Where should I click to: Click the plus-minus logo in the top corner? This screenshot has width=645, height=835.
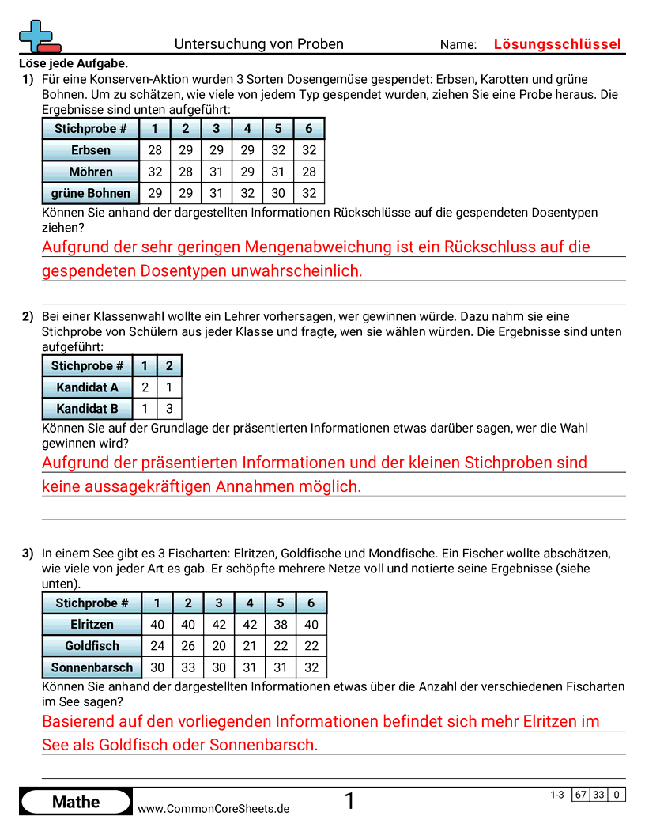[x=38, y=36]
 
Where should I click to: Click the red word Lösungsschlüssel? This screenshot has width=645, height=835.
[x=557, y=44]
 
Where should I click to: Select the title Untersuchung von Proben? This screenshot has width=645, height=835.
[x=258, y=44]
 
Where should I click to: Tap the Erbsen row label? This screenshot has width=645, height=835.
[x=90, y=150]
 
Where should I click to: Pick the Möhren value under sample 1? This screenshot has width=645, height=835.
[x=155, y=172]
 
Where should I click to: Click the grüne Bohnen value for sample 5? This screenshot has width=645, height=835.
[x=278, y=193]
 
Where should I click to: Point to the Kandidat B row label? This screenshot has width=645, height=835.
[x=87, y=409]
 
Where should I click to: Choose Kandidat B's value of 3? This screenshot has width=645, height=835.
[x=169, y=409]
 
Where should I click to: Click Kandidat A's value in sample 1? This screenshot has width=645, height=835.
[x=145, y=387]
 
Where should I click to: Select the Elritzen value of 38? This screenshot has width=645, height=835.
[x=281, y=625]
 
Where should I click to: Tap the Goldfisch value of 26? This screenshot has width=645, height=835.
[x=188, y=646]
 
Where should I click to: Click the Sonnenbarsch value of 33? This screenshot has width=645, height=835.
[x=188, y=667]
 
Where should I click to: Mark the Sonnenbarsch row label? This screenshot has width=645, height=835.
[x=92, y=667]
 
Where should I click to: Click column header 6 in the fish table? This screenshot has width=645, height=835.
[x=311, y=603]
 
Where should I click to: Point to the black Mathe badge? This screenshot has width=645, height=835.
[x=76, y=802]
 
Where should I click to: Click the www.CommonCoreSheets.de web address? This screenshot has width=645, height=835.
[x=213, y=808]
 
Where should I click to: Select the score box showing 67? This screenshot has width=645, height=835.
[x=581, y=795]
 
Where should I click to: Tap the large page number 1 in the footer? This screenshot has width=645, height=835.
[x=349, y=802]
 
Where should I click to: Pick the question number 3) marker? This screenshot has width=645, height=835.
[x=28, y=554]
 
